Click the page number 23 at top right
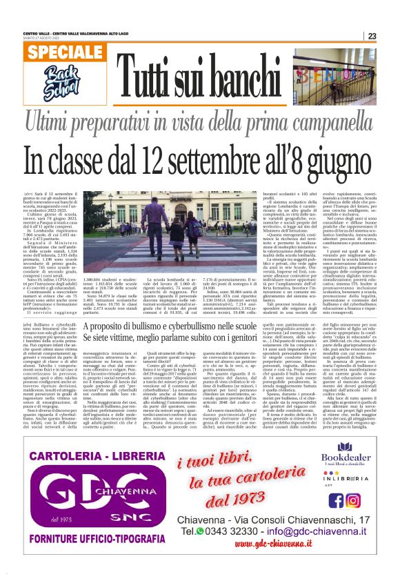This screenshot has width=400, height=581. tap(371, 36)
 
